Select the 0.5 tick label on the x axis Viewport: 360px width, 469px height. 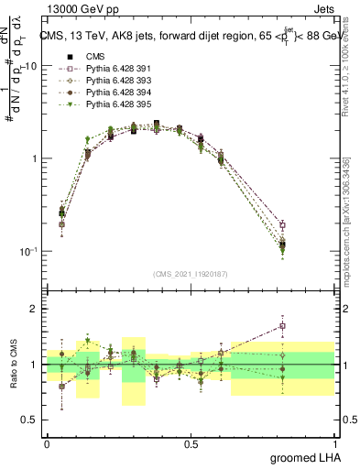click(x=191, y=444)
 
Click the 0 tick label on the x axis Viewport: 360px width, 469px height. click(x=47, y=444)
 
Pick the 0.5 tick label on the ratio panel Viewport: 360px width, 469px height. click(x=31, y=420)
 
